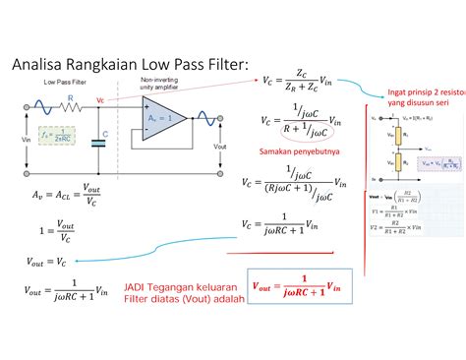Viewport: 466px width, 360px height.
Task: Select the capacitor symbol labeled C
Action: coord(97,143)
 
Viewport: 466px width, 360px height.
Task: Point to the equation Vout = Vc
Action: coord(40,262)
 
